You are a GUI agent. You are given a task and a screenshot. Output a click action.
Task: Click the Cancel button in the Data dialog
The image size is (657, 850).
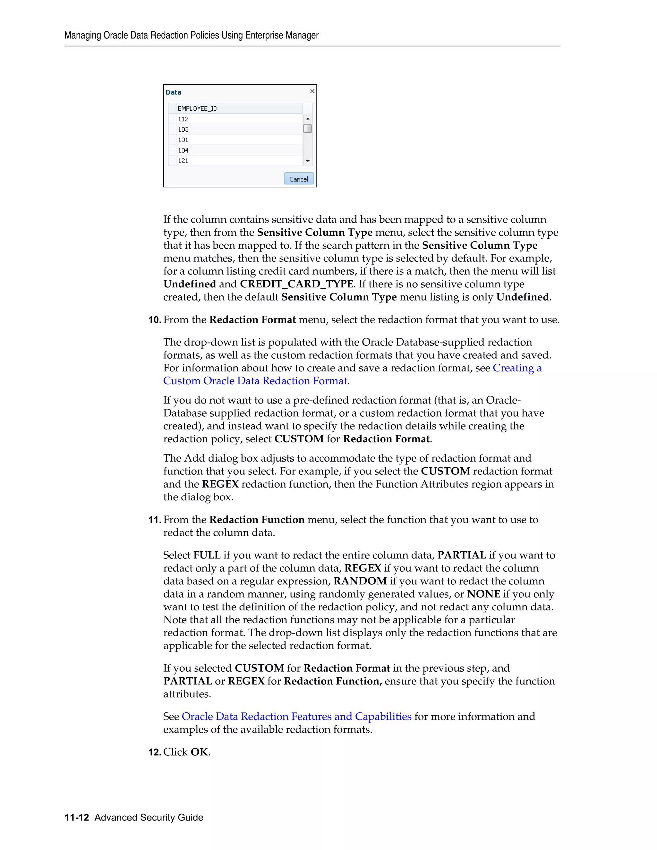[299, 179]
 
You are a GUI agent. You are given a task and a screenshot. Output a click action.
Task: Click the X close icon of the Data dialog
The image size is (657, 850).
[312, 91]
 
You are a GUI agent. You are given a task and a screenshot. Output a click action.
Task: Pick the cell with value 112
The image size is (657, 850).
[183, 119]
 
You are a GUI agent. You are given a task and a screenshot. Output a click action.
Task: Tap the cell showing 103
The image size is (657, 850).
[183, 130]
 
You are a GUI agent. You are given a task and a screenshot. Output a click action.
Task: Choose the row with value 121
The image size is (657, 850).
[183, 161]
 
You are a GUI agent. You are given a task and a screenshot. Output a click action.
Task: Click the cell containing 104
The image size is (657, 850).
[183, 150]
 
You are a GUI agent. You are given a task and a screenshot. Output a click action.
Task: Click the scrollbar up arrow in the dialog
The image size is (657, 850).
[307, 119]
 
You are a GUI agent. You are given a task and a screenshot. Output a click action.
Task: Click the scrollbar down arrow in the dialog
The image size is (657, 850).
[307, 161]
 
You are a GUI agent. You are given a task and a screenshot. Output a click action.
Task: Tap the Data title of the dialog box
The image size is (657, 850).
[174, 92]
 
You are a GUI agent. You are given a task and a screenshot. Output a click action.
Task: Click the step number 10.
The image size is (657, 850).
[155, 320]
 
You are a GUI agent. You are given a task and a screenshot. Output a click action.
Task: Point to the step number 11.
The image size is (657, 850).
[155, 520]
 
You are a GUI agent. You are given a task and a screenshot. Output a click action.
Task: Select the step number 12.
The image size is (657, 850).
[155, 752]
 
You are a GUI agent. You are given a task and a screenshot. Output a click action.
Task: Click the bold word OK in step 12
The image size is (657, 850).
[199, 752]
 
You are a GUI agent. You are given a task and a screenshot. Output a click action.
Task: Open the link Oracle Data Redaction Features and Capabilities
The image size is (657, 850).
[297, 717]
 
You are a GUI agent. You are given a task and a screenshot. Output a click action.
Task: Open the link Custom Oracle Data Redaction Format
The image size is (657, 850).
[255, 381]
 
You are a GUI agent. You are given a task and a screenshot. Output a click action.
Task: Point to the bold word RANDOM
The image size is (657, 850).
[360, 581]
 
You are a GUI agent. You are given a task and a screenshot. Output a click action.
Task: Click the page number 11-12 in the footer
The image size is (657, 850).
[77, 817]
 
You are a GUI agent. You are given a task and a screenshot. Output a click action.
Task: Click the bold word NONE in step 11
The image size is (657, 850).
[483, 594]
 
